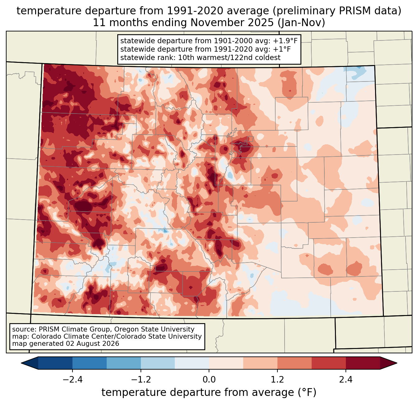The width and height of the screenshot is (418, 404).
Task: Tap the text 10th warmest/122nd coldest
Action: (229, 58)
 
